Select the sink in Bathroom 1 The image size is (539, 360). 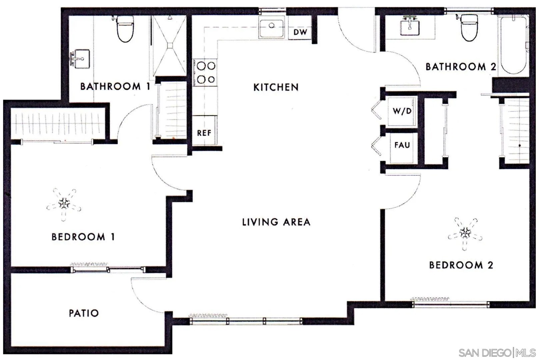click(81, 59)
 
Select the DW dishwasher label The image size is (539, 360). click(300, 32)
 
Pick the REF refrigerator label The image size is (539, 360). click(204, 133)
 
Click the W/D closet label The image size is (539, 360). click(402, 111)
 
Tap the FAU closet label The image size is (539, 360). click(402, 145)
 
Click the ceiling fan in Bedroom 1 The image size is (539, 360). click(64, 204)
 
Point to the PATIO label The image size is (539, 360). click(84, 313)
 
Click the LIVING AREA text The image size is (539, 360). click(276, 222)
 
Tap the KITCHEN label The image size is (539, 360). click(276, 87)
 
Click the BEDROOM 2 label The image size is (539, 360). click(461, 265)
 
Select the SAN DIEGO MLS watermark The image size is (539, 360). click(497, 352)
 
